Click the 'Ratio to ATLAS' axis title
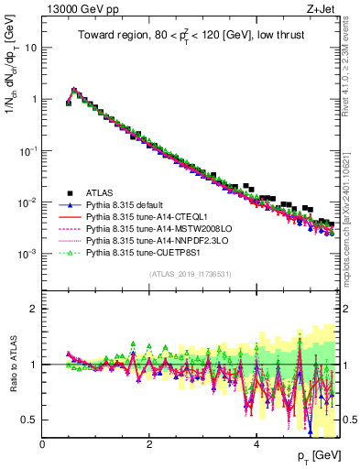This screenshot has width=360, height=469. click(13, 367)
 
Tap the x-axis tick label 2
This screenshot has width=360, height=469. click(149, 443)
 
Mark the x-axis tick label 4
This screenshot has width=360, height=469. click(256, 443)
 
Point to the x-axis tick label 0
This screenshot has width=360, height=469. click(42, 443)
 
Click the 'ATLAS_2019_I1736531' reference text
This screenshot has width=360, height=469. click(190, 275)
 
